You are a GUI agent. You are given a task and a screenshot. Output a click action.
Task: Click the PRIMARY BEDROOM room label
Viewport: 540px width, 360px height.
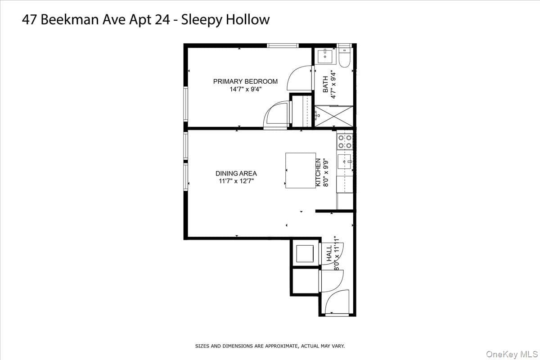(x=245, y=81)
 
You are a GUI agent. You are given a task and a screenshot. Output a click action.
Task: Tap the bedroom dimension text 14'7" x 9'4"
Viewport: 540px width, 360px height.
(x=245, y=89)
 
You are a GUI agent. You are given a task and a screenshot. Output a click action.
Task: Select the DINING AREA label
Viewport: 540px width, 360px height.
(x=236, y=173)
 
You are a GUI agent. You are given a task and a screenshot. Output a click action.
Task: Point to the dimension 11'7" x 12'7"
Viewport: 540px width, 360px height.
(x=236, y=181)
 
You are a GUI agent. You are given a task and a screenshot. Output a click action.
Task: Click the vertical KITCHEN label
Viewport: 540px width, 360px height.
(x=318, y=172)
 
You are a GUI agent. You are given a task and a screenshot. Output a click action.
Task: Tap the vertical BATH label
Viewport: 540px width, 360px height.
(x=325, y=85)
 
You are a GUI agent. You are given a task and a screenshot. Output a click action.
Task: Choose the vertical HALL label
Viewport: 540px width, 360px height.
(x=329, y=253)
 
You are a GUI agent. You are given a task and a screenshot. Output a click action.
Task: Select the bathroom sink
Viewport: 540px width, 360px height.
(x=325, y=56)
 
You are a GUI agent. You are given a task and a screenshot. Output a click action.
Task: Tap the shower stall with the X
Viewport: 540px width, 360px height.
(x=334, y=116)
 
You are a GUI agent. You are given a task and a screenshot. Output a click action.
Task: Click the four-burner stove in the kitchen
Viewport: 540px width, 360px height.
(x=345, y=142)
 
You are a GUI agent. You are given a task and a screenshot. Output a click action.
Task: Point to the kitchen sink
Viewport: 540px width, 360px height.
(x=345, y=162)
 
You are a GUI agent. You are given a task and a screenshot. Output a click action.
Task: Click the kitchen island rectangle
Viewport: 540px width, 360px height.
(x=301, y=171)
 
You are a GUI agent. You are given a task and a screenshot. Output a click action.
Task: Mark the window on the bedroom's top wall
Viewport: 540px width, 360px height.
(x=283, y=45)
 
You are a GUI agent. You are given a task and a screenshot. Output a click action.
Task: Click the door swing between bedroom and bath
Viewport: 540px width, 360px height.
(x=299, y=78)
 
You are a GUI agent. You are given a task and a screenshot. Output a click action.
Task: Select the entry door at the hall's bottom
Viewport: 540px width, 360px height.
(x=337, y=302)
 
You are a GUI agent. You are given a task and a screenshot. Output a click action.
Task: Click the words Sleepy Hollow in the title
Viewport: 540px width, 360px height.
(x=225, y=20)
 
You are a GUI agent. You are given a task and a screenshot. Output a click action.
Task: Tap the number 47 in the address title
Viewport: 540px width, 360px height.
(x=29, y=20)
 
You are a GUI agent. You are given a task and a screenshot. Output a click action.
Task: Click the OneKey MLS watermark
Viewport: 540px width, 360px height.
(x=512, y=354)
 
